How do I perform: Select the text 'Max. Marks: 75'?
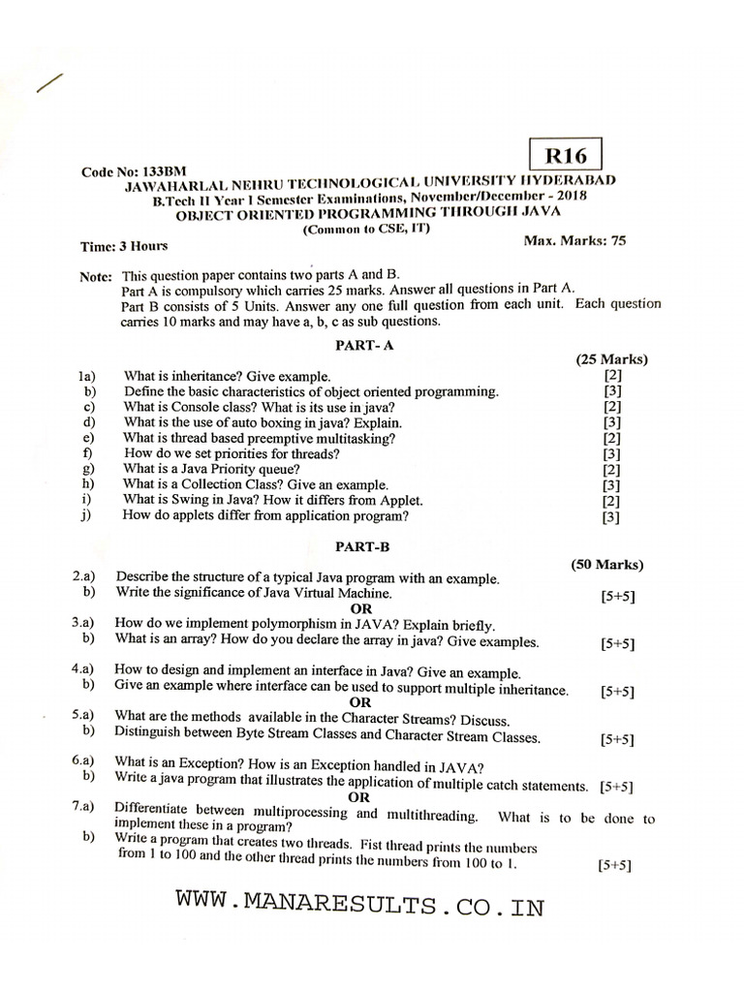tap(574, 239)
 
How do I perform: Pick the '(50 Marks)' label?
tap(606, 564)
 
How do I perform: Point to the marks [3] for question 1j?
tap(611, 517)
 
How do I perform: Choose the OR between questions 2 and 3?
tap(360, 607)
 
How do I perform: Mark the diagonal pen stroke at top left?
tap(48, 84)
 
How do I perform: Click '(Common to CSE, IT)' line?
tap(366, 229)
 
